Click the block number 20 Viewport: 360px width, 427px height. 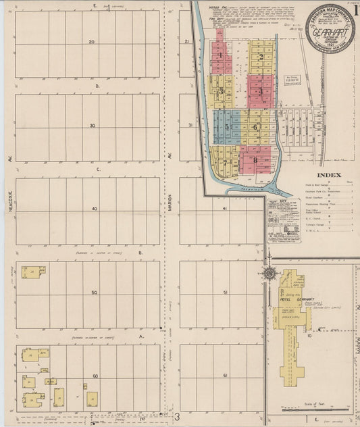tap(92, 42)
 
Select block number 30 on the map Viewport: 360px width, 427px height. tap(92, 126)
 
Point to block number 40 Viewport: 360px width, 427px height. tap(95, 209)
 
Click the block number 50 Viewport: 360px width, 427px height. tap(95, 293)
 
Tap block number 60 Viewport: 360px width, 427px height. tap(95, 376)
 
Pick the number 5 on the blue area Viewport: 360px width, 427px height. tap(227, 126)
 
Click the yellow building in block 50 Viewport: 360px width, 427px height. tap(32, 272)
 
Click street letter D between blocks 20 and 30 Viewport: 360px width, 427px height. tap(97, 86)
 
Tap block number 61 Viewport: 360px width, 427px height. tap(224, 375)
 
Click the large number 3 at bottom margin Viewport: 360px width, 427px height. tap(177, 417)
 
